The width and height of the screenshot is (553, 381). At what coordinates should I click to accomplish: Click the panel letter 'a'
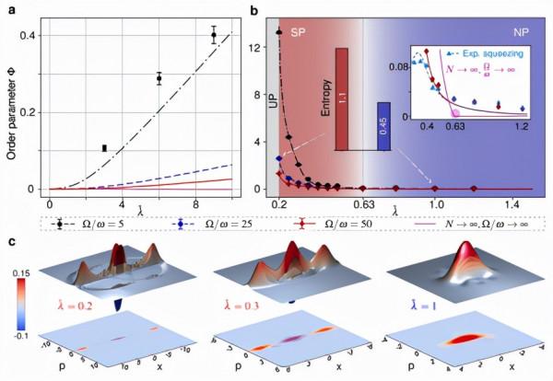click(10, 8)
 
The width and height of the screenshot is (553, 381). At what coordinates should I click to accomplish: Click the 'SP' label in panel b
click(299, 31)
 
